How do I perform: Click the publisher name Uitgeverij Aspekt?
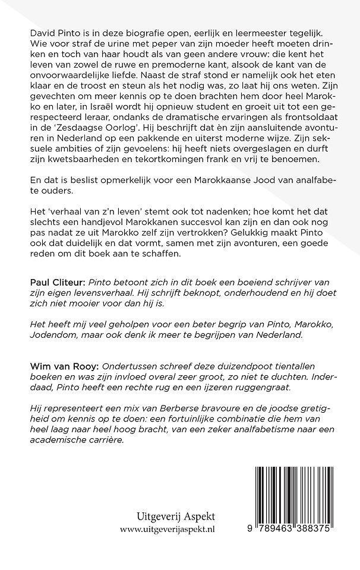(168, 530)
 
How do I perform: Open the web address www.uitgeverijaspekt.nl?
(168, 543)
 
